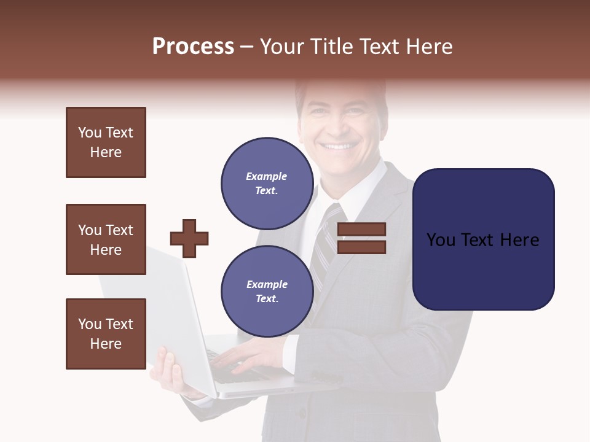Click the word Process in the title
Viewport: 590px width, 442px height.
tap(193, 47)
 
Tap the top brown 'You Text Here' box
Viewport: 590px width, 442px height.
tap(106, 142)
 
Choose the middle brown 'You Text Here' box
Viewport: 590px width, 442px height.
tap(106, 239)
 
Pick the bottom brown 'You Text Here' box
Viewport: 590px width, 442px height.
tap(106, 334)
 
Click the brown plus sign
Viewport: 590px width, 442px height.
tap(189, 238)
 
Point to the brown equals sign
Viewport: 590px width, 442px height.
tap(361, 238)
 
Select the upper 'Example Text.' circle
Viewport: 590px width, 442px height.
tap(267, 183)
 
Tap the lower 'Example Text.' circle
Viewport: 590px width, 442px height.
tap(267, 291)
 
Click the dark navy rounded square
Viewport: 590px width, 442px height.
tap(483, 239)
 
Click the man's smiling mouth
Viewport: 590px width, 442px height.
tap(340, 147)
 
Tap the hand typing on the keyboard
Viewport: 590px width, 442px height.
tap(246, 356)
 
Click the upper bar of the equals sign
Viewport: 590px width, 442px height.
tap(361, 230)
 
